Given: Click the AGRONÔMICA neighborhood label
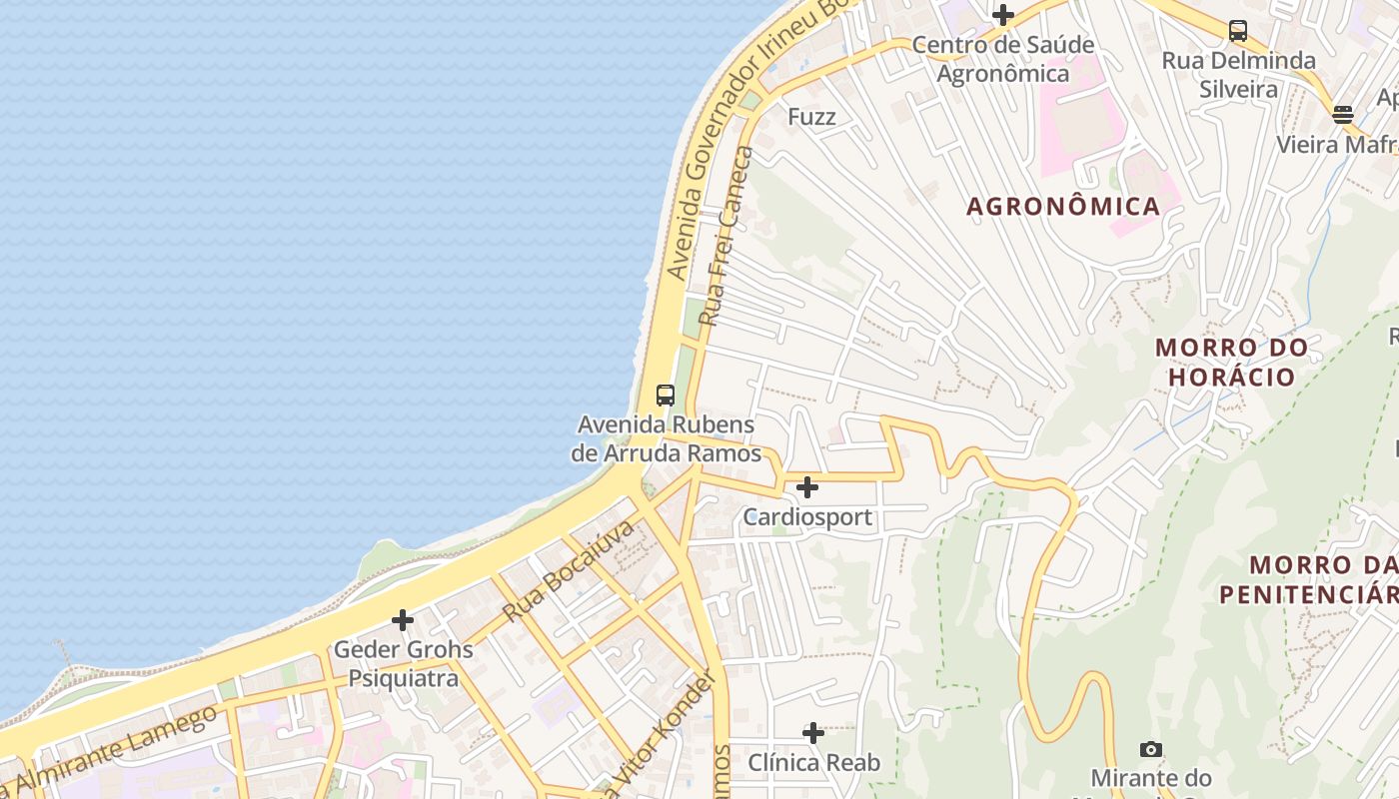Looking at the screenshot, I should [x=1063, y=207].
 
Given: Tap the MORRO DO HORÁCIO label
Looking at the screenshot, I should [x=1231, y=363].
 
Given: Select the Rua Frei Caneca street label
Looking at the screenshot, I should [x=724, y=237].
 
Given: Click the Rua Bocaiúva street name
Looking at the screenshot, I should [x=569, y=571].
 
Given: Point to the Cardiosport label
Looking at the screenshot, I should [x=807, y=517].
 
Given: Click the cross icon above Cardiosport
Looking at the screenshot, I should [x=807, y=487].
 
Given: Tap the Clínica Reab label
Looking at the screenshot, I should [x=814, y=763].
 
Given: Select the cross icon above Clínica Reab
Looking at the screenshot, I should [x=813, y=733].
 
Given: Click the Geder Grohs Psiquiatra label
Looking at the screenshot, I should [x=403, y=664].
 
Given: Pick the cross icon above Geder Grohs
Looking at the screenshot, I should [x=403, y=620].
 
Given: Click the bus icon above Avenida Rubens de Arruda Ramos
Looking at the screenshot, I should [x=666, y=395].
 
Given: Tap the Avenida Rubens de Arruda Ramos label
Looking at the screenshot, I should [x=666, y=439].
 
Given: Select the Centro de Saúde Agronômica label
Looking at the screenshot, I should [x=1003, y=59].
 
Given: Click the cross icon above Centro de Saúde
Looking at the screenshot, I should [x=1003, y=15].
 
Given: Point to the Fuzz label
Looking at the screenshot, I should [x=811, y=117].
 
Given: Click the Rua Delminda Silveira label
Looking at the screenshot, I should [x=1238, y=75].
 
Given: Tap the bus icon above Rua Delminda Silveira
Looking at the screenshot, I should [x=1238, y=30].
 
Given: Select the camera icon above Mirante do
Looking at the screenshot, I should [x=1151, y=749].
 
